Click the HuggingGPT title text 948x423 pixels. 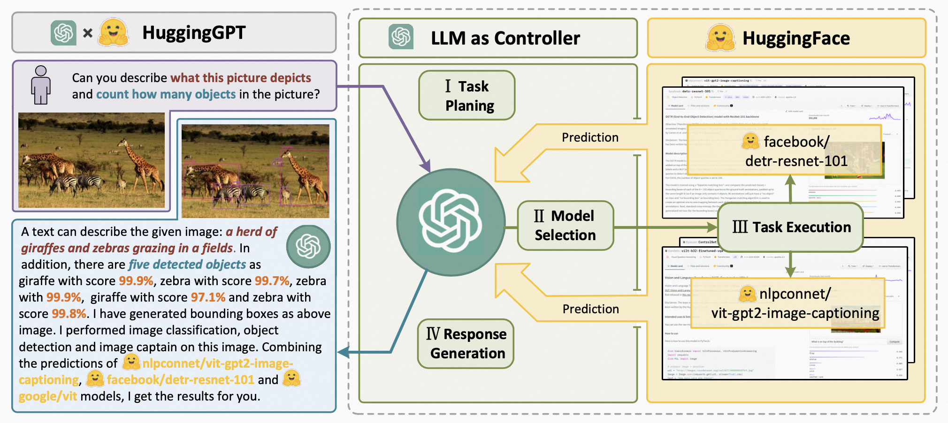coord(194,33)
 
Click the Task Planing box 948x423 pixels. coord(467,96)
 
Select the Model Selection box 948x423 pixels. coord(565,226)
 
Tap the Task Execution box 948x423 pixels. coord(791,227)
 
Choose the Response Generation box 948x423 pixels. coord(466,344)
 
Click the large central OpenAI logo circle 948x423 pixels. coord(451,222)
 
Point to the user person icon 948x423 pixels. coord(41,85)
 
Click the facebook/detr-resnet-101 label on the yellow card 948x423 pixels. coord(796,151)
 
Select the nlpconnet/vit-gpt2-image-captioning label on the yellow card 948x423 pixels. coord(795,303)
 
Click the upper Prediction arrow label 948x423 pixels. coord(590,137)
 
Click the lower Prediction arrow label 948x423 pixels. coord(590,309)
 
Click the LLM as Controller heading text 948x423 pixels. coord(505,38)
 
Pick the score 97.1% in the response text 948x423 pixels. coord(208,297)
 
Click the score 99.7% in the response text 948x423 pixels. coord(272,281)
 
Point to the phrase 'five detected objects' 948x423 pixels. coord(187,264)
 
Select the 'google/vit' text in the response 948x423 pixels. coord(47,396)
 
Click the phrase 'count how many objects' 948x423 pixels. coord(166,94)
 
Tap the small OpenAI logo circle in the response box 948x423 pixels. coord(308,247)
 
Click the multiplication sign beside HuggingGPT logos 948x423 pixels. coord(88,33)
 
